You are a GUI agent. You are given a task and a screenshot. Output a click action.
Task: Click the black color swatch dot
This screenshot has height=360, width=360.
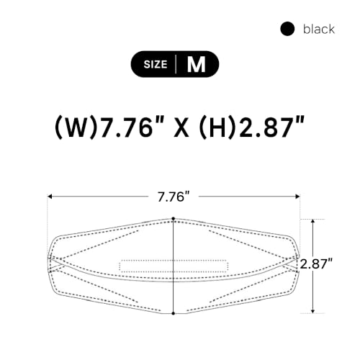point(287,29)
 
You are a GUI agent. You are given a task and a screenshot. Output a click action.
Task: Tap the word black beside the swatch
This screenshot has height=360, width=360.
point(319,29)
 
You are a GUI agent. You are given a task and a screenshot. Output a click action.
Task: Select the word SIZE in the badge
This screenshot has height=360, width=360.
point(156,64)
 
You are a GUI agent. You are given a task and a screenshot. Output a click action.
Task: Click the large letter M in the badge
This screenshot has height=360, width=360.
point(197,64)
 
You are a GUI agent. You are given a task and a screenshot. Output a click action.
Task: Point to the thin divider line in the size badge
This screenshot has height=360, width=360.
point(176,64)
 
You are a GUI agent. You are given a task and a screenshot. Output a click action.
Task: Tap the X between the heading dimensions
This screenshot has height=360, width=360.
point(181,127)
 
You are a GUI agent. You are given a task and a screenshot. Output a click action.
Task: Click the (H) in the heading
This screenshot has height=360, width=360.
point(217,127)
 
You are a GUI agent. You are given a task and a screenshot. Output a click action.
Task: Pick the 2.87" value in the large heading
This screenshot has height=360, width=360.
point(271,127)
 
